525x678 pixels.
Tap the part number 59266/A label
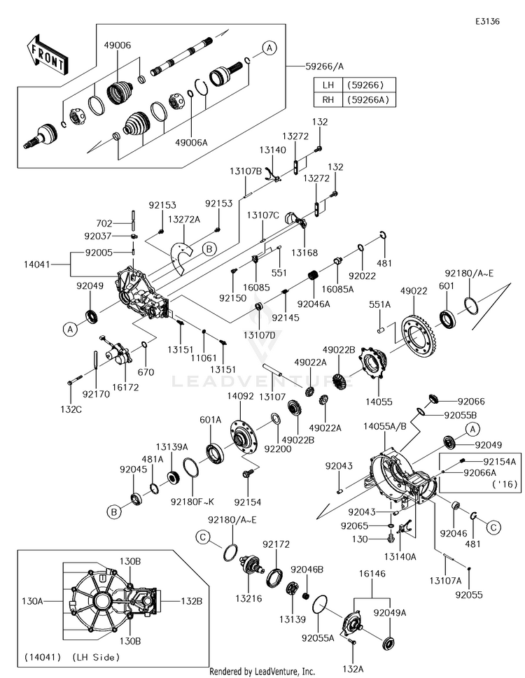point(325,66)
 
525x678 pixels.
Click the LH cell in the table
point(328,85)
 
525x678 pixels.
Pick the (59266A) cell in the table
point(367,100)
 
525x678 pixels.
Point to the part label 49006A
point(192,143)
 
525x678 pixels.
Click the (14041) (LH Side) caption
point(72,658)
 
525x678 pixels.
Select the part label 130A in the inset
point(32,601)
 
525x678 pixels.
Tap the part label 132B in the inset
point(191,601)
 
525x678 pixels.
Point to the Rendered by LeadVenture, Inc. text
point(262,672)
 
